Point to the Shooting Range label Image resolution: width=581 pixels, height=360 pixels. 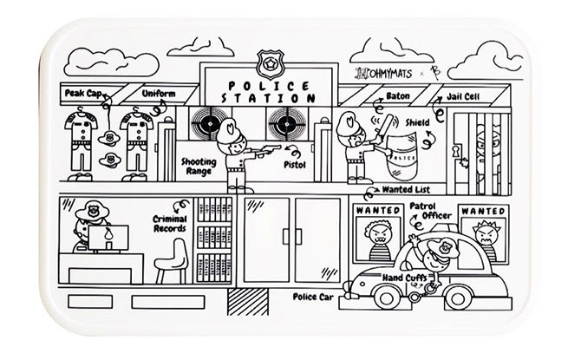tap(199, 167)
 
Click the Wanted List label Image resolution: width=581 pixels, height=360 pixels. tap(408, 190)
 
